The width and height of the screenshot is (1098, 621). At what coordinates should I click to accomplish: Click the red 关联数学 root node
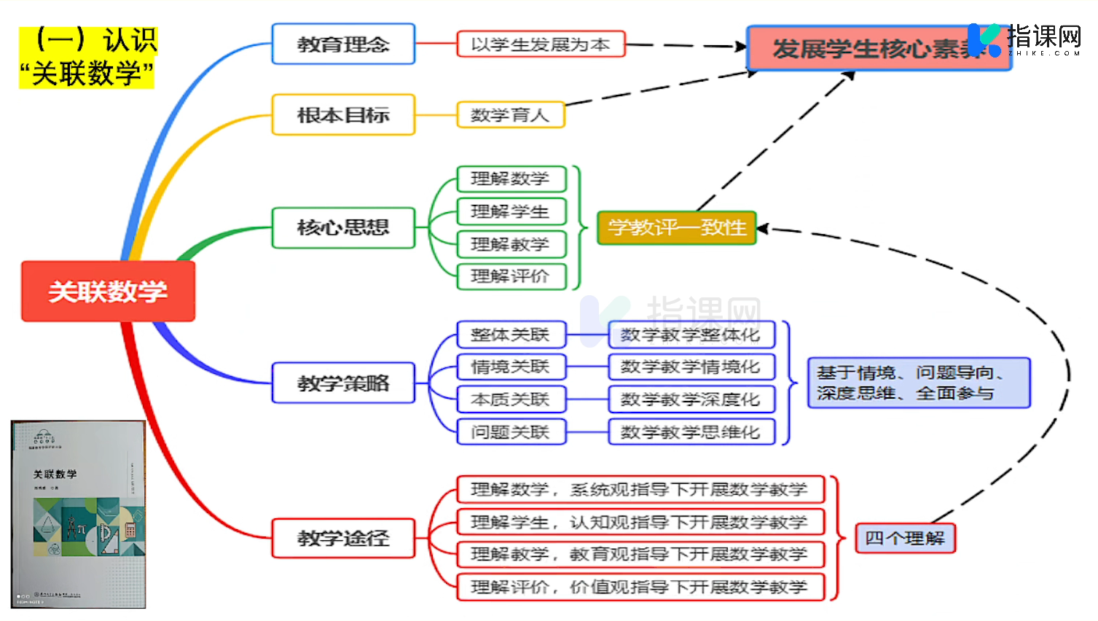pyautogui.click(x=108, y=291)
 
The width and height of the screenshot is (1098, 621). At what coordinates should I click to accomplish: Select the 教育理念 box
pyautogui.click(x=343, y=44)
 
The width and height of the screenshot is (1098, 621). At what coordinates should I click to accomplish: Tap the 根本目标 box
pyautogui.click(x=343, y=114)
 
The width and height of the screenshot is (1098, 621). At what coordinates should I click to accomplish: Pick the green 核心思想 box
pyautogui.click(x=343, y=227)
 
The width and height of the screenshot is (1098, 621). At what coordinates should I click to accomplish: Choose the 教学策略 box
pyautogui.click(x=343, y=383)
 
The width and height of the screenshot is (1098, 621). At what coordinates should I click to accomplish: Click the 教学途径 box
pyautogui.click(x=343, y=538)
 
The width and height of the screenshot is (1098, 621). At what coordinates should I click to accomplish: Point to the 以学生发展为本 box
pyautogui.click(x=541, y=44)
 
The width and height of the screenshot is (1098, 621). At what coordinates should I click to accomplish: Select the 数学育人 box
pyautogui.click(x=510, y=114)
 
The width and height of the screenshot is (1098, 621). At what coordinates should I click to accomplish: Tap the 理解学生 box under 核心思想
pyautogui.click(x=511, y=211)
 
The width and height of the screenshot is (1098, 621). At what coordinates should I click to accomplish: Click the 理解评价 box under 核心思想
pyautogui.click(x=511, y=276)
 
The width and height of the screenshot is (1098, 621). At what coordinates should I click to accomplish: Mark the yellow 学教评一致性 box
pyautogui.click(x=676, y=227)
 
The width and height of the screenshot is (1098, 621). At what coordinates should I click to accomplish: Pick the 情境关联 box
pyautogui.click(x=511, y=367)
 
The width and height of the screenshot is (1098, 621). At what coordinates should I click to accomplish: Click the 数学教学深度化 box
pyautogui.click(x=691, y=399)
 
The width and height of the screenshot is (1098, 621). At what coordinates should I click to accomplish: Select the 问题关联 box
pyautogui.click(x=511, y=432)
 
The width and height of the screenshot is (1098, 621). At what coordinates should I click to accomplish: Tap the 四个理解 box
pyautogui.click(x=904, y=538)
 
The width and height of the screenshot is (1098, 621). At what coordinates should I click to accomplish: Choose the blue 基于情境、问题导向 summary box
pyautogui.click(x=918, y=383)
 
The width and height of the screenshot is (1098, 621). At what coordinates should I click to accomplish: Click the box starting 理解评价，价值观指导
pyautogui.click(x=640, y=587)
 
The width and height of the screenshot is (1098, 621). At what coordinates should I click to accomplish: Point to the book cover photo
pyautogui.click(x=79, y=514)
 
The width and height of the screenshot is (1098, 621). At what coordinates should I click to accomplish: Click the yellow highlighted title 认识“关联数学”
pyautogui.click(x=88, y=58)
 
